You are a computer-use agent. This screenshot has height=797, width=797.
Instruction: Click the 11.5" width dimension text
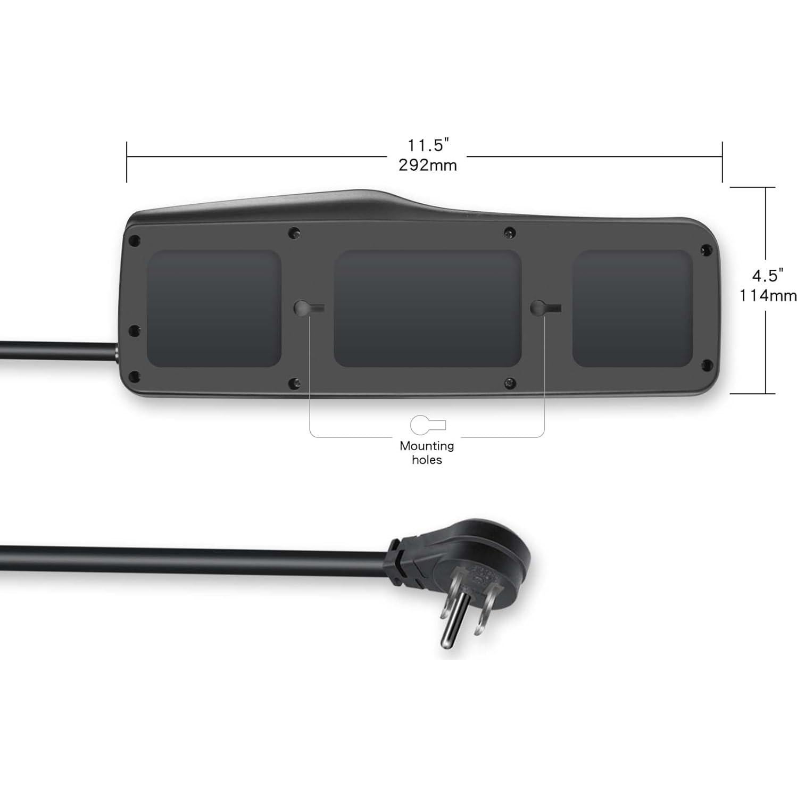coord(428,145)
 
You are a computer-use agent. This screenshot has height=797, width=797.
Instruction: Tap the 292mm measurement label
coord(428,165)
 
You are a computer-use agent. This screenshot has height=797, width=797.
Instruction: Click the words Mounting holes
coord(427,452)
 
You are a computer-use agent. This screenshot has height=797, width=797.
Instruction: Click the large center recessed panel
coord(427,309)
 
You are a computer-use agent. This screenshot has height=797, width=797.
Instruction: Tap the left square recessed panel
coord(214,309)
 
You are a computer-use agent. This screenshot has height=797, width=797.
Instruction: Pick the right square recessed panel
coord(632,309)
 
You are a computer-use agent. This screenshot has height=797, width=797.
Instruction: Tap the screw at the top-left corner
coord(135,240)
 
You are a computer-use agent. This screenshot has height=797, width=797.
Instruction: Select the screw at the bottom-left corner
coord(135,377)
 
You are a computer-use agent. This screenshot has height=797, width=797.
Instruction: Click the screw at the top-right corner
coord(705,249)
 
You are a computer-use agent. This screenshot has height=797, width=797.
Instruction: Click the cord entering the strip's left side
coord(59,351)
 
